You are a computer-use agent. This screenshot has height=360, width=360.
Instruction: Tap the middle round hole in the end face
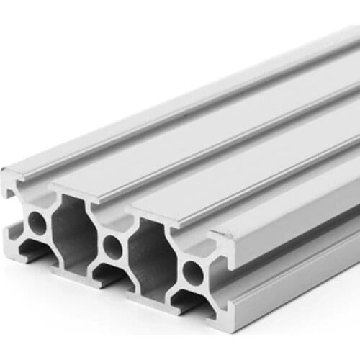[x=112, y=247]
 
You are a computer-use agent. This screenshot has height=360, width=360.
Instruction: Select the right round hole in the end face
[x=192, y=271]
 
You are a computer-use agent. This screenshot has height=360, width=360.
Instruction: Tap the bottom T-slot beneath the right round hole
[x=189, y=302]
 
